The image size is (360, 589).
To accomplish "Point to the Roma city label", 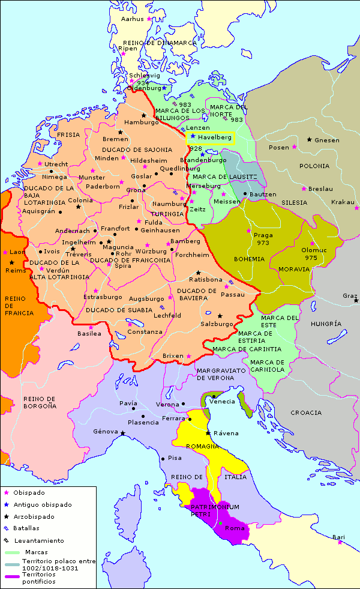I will coord(235,528).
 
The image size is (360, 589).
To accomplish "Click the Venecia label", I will coord(226,402).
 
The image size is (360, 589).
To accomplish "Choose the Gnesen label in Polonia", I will coord(327,140).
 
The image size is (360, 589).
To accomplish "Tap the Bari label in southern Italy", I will coord(339,537).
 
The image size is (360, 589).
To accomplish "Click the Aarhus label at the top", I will coord(133,19).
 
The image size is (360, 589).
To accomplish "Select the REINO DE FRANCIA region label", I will coord(16,304).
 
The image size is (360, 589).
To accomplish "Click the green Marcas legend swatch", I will coord(11,552).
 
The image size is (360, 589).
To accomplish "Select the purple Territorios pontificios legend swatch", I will coord(11,577).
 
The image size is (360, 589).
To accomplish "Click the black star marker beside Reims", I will coord(11,262).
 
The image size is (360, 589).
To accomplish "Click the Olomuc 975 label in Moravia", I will coord(313,253).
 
